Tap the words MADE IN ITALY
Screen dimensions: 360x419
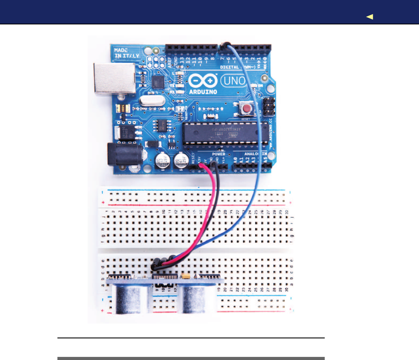click(123, 53)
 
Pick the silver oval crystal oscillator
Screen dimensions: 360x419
click(146, 102)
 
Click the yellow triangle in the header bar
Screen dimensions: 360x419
click(369, 17)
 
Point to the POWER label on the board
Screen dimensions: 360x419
click(218, 154)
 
